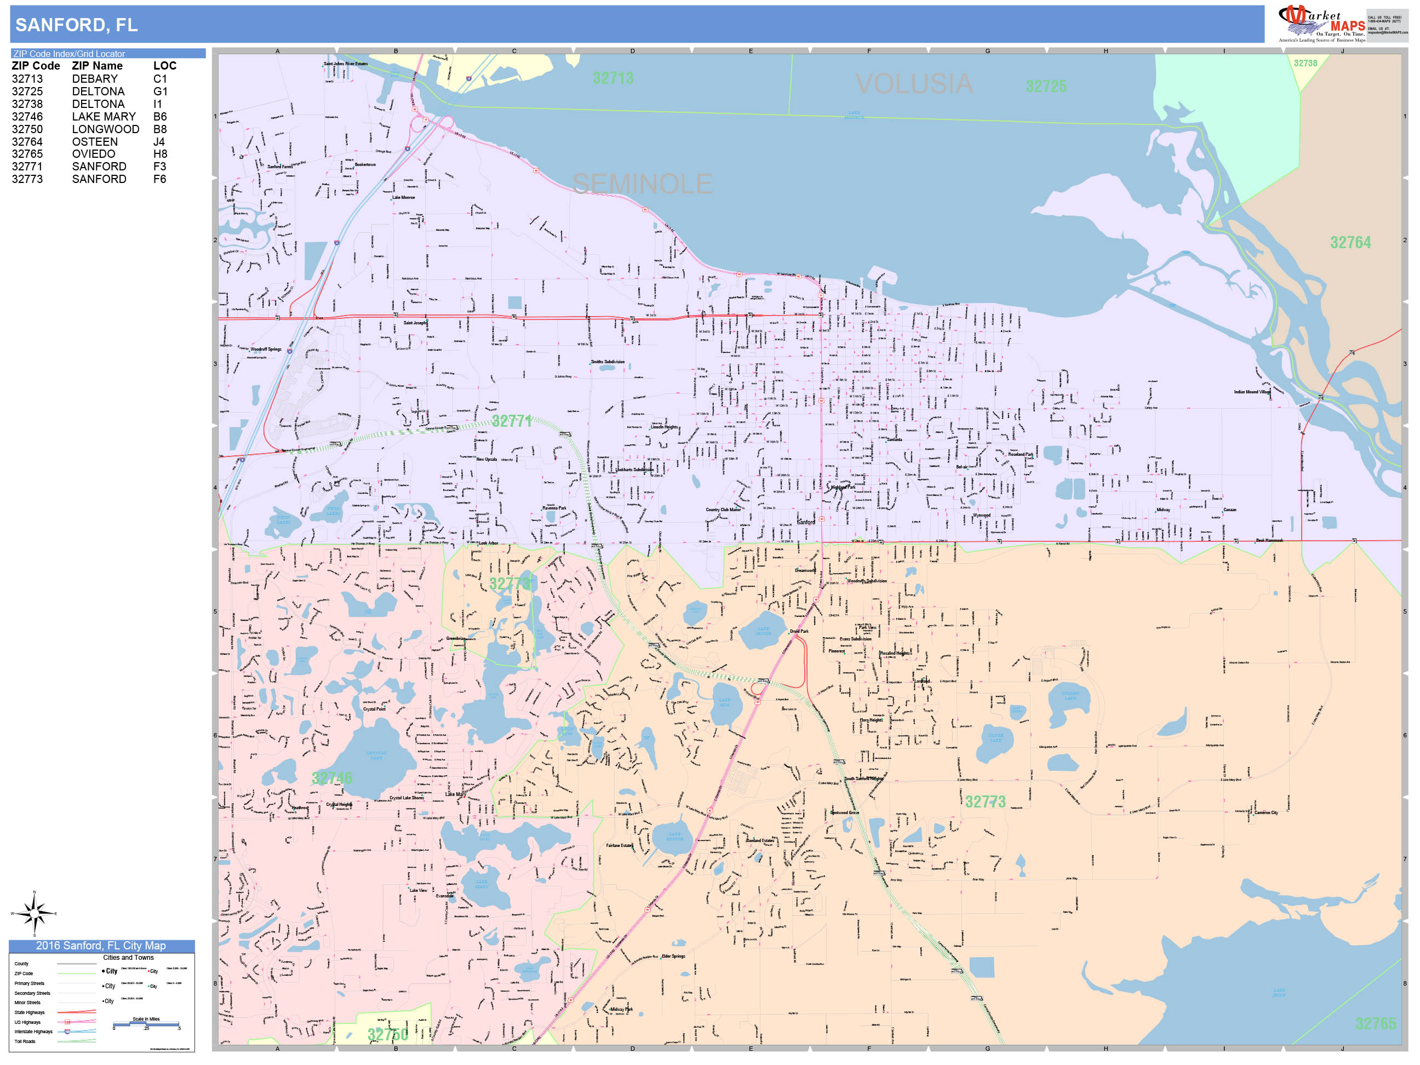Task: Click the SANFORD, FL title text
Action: click(x=76, y=25)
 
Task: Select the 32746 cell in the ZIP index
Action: click(x=27, y=117)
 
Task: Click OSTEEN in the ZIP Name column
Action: click(x=94, y=142)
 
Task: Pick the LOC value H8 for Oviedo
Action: click(x=160, y=154)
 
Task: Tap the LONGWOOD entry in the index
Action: click(x=105, y=129)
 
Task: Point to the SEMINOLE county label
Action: click(x=642, y=184)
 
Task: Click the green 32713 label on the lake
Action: click(x=612, y=78)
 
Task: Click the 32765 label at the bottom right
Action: click(x=1375, y=1023)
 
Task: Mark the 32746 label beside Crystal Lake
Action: click(x=332, y=778)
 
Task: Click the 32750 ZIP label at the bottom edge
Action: click(x=387, y=1034)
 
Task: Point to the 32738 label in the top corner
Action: click(x=1304, y=64)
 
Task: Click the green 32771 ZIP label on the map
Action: click(x=512, y=421)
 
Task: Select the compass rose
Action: click(x=35, y=912)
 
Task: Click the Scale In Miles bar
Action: click(x=146, y=1024)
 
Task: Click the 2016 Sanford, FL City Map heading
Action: click(x=101, y=946)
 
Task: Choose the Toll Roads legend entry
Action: click(x=25, y=1041)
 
